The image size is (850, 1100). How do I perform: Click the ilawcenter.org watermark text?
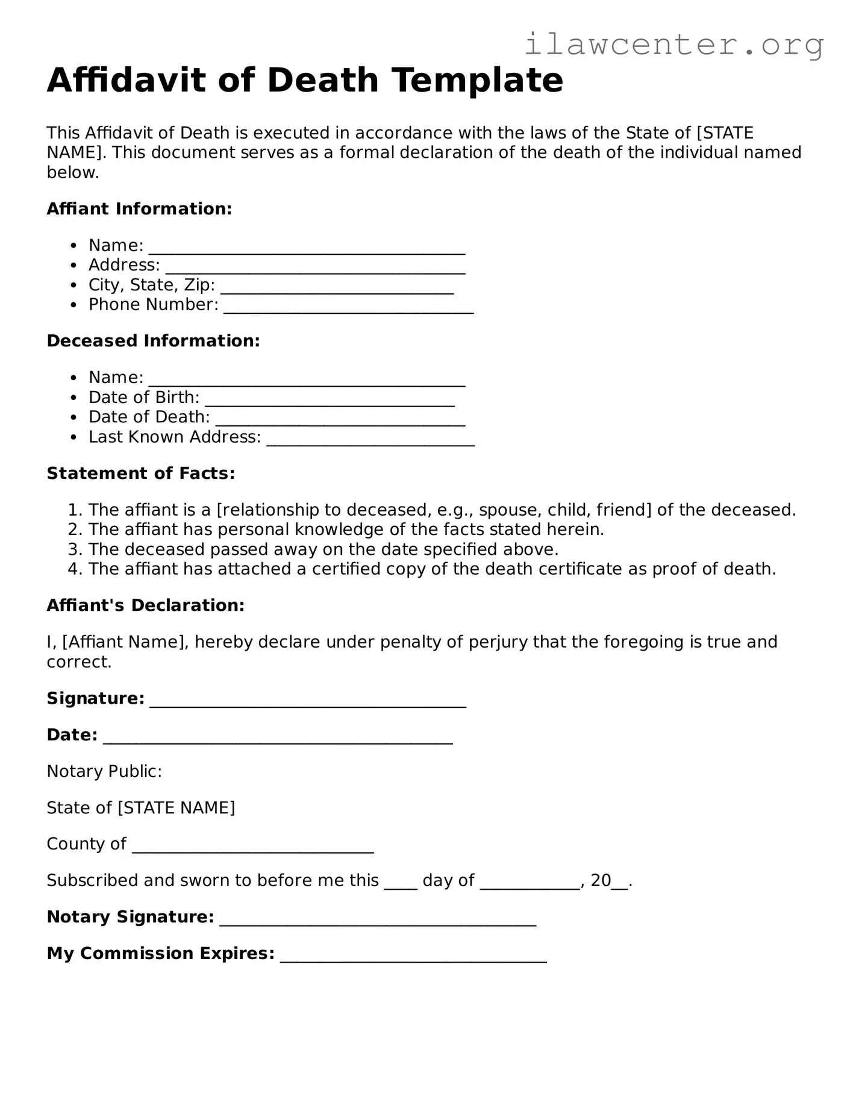pos(673,44)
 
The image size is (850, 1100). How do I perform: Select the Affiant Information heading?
pos(139,209)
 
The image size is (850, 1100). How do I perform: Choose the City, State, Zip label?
pos(151,285)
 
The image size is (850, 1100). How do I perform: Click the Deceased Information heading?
pos(153,341)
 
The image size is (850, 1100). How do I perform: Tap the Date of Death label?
pos(149,417)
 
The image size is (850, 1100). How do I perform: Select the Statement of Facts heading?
pos(140,473)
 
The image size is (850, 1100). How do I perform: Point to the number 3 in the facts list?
pos(73,549)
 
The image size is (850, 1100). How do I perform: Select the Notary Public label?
pos(104,772)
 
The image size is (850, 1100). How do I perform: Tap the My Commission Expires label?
pos(160,954)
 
